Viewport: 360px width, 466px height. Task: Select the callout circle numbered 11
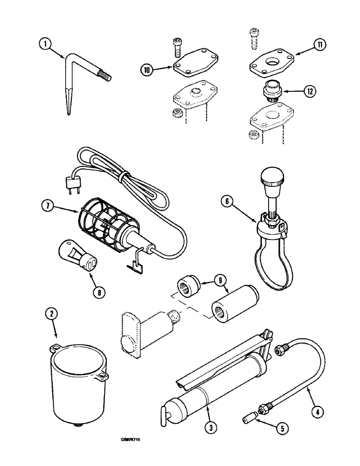pos(320,45)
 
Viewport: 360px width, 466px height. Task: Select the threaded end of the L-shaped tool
pos(104,75)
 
